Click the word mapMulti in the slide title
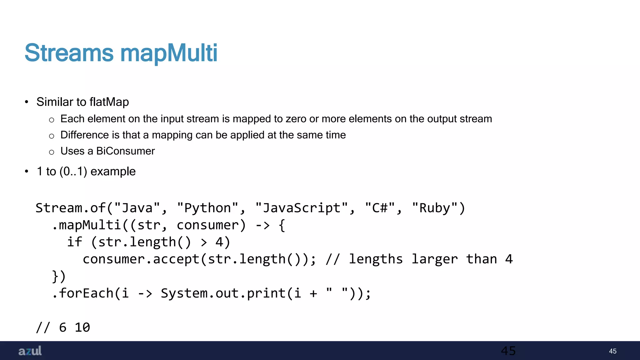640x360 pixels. pos(169,53)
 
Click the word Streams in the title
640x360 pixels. pos(69,53)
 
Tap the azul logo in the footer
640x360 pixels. pos(30,351)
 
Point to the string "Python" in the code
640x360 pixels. pos(207,208)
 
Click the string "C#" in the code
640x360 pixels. pos(380,208)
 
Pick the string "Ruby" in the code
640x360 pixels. pos(435,208)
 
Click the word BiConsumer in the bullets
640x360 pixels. pos(125,151)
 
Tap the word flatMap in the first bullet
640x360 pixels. pos(109,102)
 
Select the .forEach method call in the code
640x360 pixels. pos(82,293)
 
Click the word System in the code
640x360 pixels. pos(183,293)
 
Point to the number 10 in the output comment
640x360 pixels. pos(82,327)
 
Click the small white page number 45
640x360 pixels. pos(612,351)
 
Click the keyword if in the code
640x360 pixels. pos(75,242)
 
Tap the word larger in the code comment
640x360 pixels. pos(434,259)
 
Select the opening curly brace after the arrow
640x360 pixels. pos(282,225)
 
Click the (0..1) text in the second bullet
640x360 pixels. pos(73,172)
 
